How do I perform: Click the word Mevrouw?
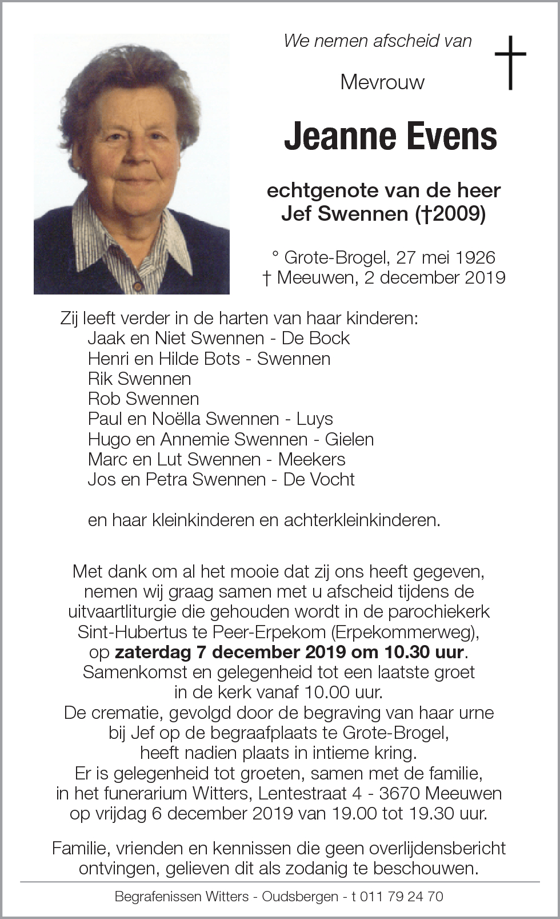point(382,82)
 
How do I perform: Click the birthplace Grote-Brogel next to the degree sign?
point(336,257)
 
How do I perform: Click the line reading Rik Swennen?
point(139,379)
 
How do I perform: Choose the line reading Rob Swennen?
point(143,399)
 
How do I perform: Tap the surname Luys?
point(314,419)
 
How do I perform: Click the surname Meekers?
point(311,459)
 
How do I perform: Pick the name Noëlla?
point(175,419)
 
